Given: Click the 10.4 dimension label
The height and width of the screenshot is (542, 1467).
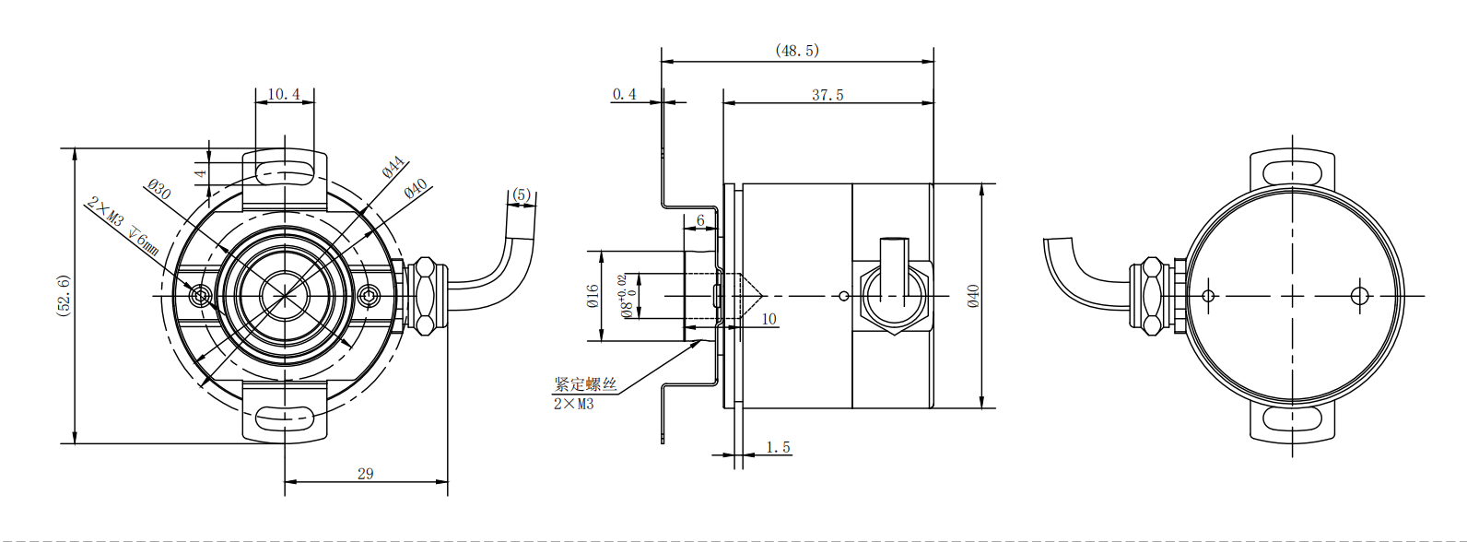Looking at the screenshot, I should (x=284, y=94).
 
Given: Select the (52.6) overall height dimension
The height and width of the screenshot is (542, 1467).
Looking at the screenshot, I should (x=64, y=295).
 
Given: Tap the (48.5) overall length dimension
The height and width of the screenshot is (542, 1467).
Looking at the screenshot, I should (x=797, y=50).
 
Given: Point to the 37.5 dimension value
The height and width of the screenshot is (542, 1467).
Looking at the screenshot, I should (x=827, y=95).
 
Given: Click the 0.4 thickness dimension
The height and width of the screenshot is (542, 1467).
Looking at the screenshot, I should (x=624, y=94).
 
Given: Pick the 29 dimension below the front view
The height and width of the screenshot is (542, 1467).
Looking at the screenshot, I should (x=366, y=474).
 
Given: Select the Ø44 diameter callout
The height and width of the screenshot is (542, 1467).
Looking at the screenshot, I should (x=393, y=168).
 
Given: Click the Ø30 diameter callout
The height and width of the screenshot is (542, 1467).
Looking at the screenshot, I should (x=159, y=190).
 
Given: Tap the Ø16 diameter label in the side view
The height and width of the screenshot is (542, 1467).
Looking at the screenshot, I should (x=593, y=295).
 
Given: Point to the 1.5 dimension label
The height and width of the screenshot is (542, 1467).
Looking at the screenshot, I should (x=779, y=447).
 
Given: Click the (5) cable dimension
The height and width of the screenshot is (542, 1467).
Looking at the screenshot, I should (x=522, y=194).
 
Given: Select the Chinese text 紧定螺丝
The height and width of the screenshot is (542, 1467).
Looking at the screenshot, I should (x=585, y=384).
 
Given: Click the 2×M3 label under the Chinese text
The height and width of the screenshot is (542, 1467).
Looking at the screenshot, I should (x=573, y=404).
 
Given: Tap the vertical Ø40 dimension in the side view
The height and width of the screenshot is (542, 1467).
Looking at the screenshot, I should (x=973, y=295).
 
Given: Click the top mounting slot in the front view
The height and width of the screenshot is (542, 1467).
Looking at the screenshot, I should (x=285, y=171).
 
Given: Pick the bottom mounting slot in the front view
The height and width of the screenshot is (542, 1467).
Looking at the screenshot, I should (x=285, y=418).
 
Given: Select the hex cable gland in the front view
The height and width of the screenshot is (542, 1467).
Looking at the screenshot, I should (x=424, y=295).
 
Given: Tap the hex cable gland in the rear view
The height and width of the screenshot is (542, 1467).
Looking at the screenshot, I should (x=1151, y=295).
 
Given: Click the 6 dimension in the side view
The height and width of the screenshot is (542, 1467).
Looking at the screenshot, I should (x=700, y=220).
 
